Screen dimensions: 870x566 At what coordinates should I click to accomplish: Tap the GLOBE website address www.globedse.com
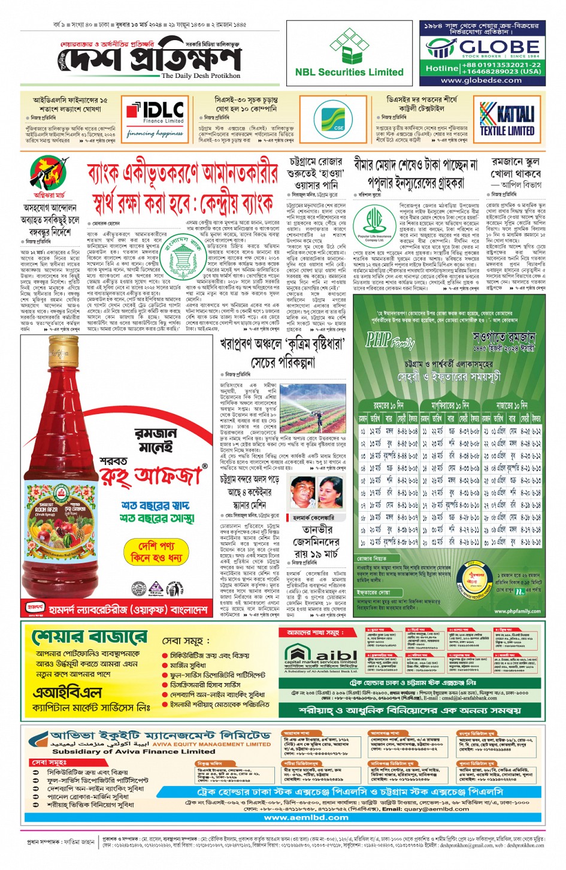[x=481, y=80]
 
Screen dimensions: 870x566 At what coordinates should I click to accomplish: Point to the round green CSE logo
[x=338, y=120]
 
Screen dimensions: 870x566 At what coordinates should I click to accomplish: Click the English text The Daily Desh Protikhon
[x=201, y=76]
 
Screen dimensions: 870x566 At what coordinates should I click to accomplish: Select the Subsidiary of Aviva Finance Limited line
[x=134, y=751]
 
